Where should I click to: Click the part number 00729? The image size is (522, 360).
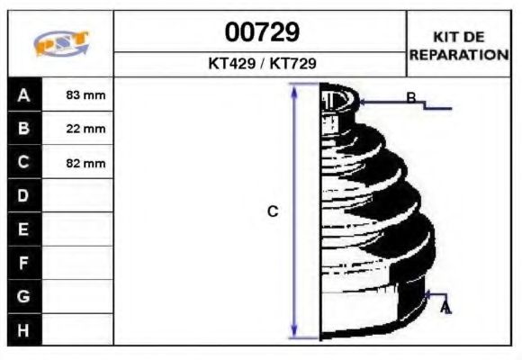(x=261, y=32)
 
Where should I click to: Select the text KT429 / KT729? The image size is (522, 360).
(x=261, y=64)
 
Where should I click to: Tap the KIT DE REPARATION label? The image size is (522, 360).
(x=459, y=46)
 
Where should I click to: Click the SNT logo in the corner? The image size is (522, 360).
(x=60, y=45)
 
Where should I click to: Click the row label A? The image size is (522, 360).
(x=24, y=94)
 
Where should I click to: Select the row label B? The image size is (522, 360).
(x=24, y=129)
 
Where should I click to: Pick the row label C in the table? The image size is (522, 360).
(x=24, y=163)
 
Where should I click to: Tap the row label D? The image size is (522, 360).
(x=24, y=196)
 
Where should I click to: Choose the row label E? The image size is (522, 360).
(x=24, y=229)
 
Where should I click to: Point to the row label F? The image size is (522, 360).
(x=24, y=263)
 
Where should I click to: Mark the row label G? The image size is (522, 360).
(x=24, y=296)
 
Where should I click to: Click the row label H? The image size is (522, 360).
(x=24, y=329)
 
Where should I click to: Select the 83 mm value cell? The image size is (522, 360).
(x=86, y=95)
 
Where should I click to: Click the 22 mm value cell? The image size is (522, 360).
(x=86, y=130)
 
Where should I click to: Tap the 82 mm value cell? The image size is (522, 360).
(x=86, y=164)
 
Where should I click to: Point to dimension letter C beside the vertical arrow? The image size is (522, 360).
(x=273, y=212)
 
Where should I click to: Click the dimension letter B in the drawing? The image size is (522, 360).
(x=410, y=98)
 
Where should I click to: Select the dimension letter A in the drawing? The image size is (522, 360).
(x=445, y=309)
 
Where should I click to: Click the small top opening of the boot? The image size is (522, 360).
(x=338, y=98)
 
